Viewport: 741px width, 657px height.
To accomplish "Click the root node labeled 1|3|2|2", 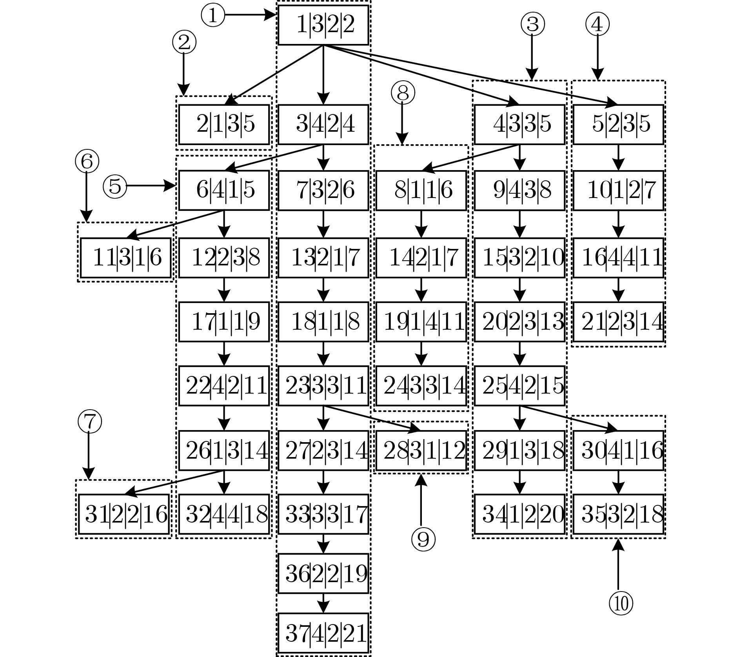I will click(323, 25).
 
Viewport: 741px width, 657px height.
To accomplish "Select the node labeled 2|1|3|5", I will click(224, 124).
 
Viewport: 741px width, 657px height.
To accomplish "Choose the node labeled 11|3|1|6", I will click(126, 258).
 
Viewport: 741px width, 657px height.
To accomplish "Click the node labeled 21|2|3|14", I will click(618, 322).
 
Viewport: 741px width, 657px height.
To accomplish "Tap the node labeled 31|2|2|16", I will click(124, 514).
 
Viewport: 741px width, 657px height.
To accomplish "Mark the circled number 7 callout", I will click(90, 422).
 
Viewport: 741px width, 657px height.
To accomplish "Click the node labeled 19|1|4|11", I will click(421, 322).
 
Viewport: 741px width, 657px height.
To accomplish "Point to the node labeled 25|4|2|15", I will click(519, 386).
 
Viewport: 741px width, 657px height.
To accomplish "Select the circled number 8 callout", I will click(403, 93).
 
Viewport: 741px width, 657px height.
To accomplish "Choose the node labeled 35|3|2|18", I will click(618, 514).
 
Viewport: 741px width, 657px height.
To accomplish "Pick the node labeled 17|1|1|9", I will click(224, 322).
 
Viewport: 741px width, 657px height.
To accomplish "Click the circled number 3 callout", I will click(532, 24).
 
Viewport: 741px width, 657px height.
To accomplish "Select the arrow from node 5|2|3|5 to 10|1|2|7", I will click(618, 158).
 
